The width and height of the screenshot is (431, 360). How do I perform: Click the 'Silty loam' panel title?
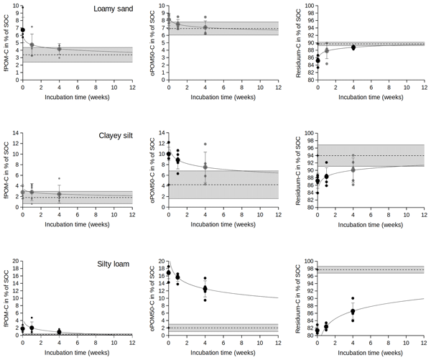pyautogui.click(x=114, y=264)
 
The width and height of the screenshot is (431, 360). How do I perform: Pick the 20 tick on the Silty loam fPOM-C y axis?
pyautogui.click(x=14, y=262)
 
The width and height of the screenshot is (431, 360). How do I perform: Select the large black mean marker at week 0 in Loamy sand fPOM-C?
pyautogui.click(x=23, y=30)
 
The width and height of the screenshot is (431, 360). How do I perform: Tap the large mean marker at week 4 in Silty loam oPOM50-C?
pyautogui.click(x=205, y=289)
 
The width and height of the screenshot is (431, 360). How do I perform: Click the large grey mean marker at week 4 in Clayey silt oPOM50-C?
pyautogui.click(x=205, y=167)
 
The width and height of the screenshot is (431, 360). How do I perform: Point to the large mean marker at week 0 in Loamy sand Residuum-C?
pyautogui.click(x=317, y=60)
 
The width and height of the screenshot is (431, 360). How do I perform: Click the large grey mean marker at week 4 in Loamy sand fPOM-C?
pyautogui.click(x=60, y=49)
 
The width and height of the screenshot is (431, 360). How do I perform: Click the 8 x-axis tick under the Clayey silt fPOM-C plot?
pyautogui.click(x=96, y=216)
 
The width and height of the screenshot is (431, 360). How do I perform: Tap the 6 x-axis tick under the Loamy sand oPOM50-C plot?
pyautogui.click(x=224, y=88)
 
